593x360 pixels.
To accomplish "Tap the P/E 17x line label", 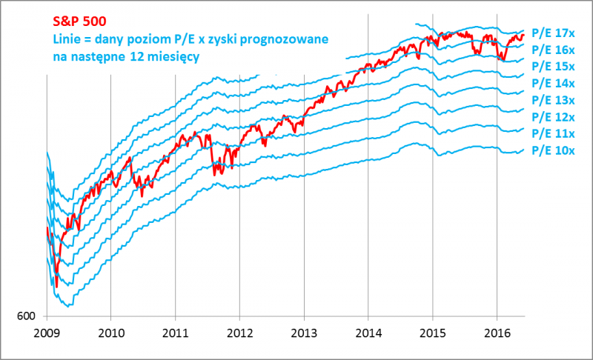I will tap(554, 33).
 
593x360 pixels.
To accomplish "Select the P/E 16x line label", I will tap(554, 50).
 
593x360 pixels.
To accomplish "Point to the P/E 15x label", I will tap(554, 67).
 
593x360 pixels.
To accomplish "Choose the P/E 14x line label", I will tap(554, 83).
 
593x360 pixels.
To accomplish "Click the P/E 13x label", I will tap(554, 100).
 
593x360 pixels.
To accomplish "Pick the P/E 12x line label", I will tap(554, 117).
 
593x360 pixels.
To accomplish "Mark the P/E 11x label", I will tap(554, 133).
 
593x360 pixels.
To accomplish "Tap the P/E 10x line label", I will tap(554, 150).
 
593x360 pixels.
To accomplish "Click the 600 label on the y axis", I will tap(27, 316).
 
